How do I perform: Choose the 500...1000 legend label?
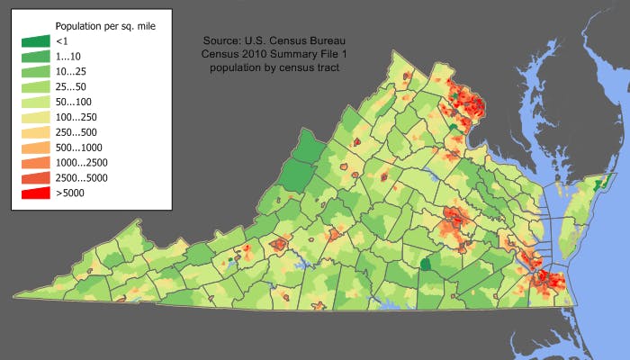(79, 147)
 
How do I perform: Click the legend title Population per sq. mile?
(104, 26)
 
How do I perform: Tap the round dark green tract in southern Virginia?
(426, 264)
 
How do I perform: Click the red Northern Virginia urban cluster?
(464, 103)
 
